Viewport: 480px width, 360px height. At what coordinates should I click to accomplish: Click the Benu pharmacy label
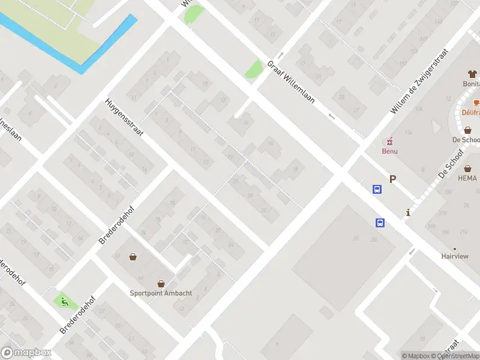[390, 151]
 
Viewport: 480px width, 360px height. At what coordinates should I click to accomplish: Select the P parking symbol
[393, 179]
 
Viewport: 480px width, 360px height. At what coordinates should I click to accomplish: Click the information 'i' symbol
[408, 212]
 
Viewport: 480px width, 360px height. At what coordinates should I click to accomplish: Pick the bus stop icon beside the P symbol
[377, 190]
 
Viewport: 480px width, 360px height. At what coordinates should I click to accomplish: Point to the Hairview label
[455, 256]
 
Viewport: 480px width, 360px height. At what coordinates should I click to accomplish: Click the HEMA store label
[467, 178]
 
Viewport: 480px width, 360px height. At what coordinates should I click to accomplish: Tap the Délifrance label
[471, 112]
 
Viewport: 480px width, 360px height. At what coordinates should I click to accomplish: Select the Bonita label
[471, 85]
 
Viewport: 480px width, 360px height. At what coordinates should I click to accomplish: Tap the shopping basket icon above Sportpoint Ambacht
[161, 283]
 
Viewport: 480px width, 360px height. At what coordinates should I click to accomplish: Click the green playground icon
[62, 301]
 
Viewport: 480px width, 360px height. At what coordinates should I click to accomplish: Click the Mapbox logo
[26, 353]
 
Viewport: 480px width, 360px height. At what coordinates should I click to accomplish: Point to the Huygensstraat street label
[125, 118]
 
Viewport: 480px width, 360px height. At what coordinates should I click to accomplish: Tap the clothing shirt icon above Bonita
[472, 74]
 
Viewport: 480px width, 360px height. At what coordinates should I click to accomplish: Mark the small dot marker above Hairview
[455, 248]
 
